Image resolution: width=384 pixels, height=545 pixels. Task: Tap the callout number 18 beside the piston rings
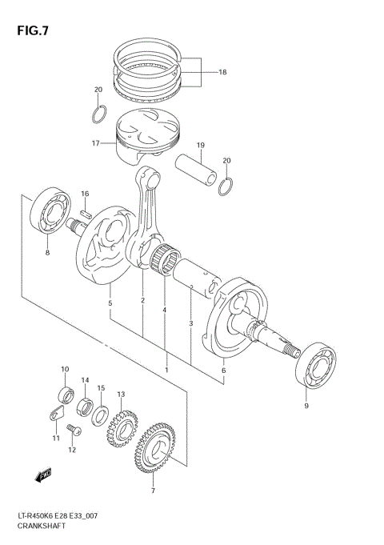(x=222, y=72)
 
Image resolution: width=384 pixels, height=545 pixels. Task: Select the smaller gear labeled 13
(x=122, y=429)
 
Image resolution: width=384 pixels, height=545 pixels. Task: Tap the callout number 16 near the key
(x=84, y=194)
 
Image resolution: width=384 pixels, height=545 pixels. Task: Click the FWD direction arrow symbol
(x=42, y=477)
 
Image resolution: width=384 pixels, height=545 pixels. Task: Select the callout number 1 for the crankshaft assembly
(x=166, y=370)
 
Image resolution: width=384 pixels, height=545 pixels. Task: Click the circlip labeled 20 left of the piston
(x=98, y=114)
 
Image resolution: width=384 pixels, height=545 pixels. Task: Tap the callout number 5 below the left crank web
(x=110, y=304)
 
